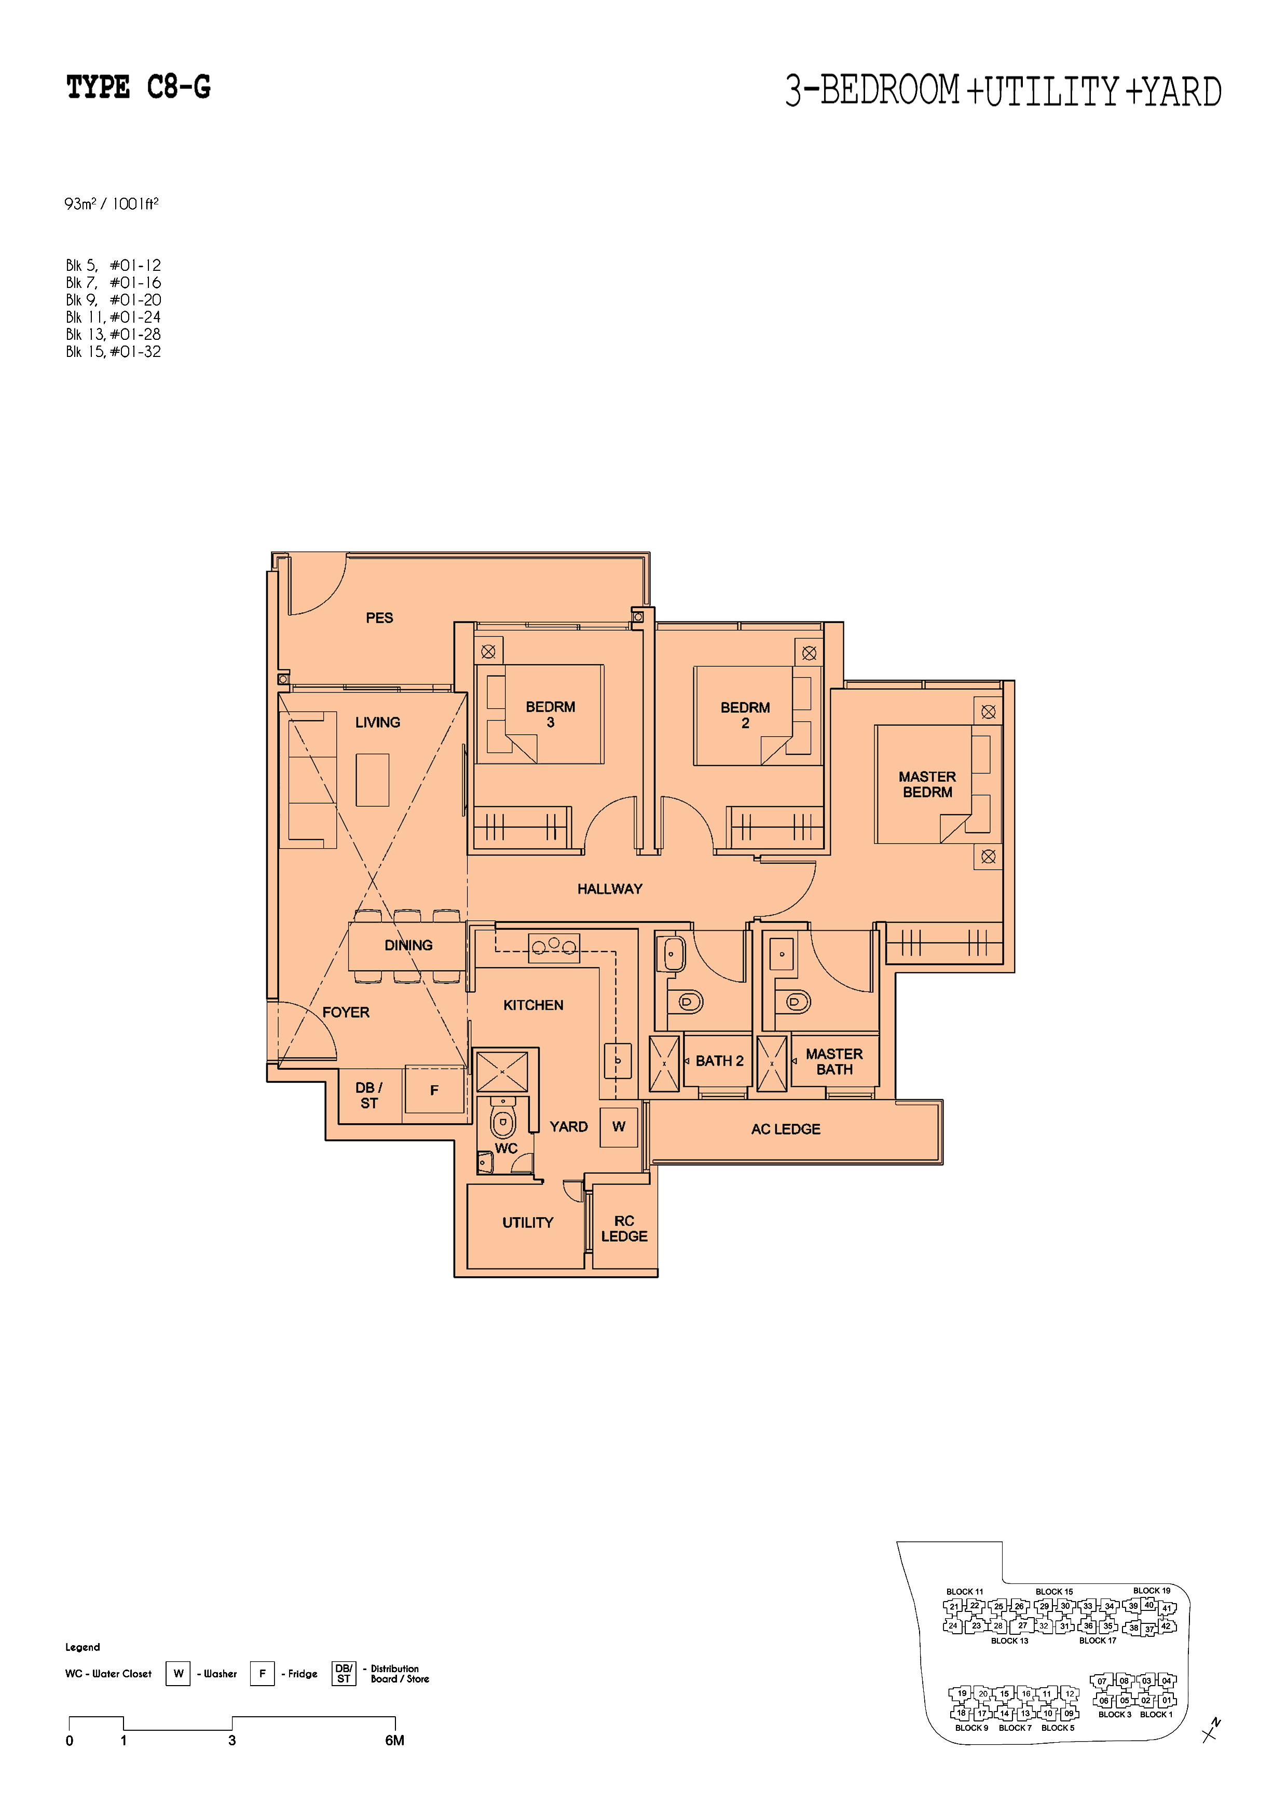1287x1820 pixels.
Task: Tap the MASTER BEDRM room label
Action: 927,784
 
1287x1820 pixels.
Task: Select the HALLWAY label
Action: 610,889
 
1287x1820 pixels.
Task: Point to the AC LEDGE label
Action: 786,1129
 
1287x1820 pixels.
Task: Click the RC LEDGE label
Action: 624,1229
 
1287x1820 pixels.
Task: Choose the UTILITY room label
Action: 527,1222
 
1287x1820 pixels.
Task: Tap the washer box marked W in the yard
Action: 619,1126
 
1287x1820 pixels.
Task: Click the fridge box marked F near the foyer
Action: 434,1090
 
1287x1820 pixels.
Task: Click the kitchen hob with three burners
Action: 554,948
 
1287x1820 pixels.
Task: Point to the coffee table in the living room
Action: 372,780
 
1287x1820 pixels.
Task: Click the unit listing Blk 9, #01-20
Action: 114,300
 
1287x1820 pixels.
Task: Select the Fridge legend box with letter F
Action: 262,1673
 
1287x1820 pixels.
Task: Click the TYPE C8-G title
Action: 139,87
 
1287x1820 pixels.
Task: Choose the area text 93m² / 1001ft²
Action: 112,204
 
